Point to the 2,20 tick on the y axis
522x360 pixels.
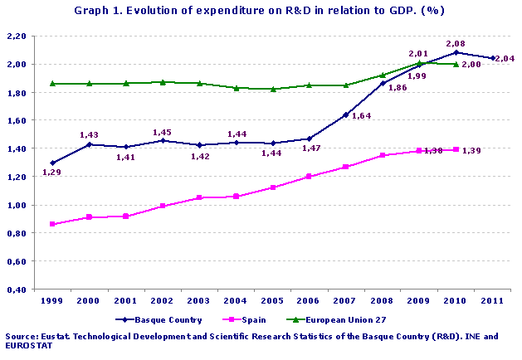coord(16,36)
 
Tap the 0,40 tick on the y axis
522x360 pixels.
coord(16,289)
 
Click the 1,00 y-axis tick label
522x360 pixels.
coord(16,205)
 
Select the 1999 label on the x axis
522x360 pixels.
coord(53,299)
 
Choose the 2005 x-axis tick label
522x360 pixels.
coord(273,299)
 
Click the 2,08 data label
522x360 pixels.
coord(455,42)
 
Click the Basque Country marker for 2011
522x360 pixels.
coord(493,58)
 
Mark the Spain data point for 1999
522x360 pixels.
coord(53,224)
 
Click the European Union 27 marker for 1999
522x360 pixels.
coord(53,84)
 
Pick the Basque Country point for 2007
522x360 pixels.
coord(346,114)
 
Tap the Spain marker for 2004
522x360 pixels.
coord(237,197)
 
